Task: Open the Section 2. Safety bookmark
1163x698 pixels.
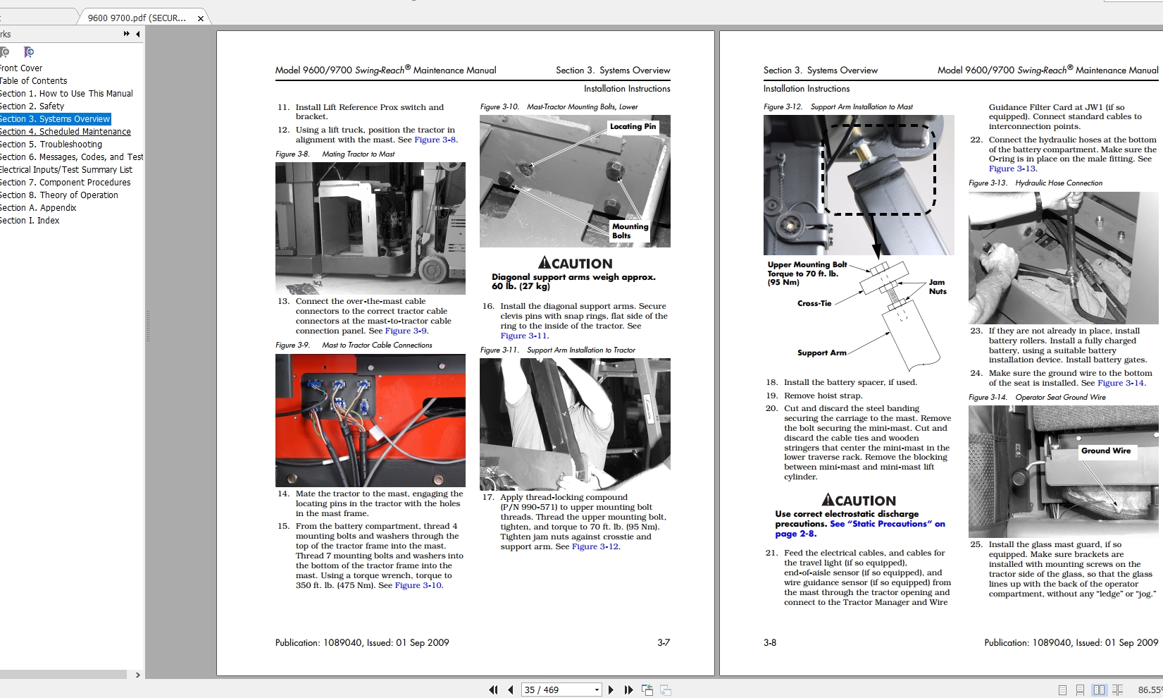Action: point(32,106)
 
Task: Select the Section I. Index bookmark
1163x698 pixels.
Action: point(30,221)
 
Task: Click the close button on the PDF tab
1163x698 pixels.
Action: point(201,18)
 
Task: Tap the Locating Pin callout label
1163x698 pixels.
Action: point(633,127)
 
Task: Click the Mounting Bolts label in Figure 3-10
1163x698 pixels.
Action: point(630,231)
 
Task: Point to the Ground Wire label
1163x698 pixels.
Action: point(1106,451)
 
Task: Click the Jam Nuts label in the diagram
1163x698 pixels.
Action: point(937,286)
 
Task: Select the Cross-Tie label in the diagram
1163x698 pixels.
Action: point(814,303)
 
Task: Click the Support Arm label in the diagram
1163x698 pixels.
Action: point(821,353)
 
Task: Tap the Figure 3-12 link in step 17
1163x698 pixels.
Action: point(595,546)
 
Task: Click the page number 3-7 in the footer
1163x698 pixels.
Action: point(663,642)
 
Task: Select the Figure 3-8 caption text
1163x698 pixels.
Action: point(335,154)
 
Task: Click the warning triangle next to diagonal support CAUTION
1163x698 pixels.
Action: point(545,263)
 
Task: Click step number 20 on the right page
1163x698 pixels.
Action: point(771,408)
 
